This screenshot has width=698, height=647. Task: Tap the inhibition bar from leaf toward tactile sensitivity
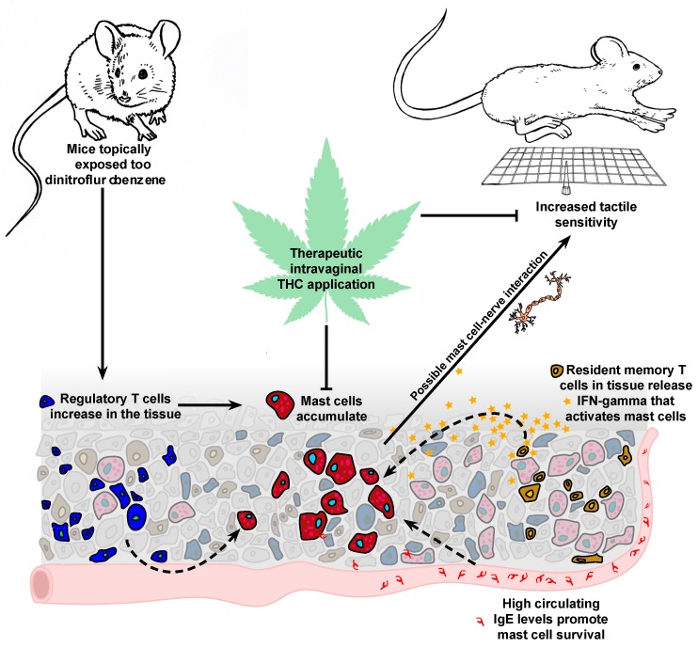(x=484, y=217)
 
